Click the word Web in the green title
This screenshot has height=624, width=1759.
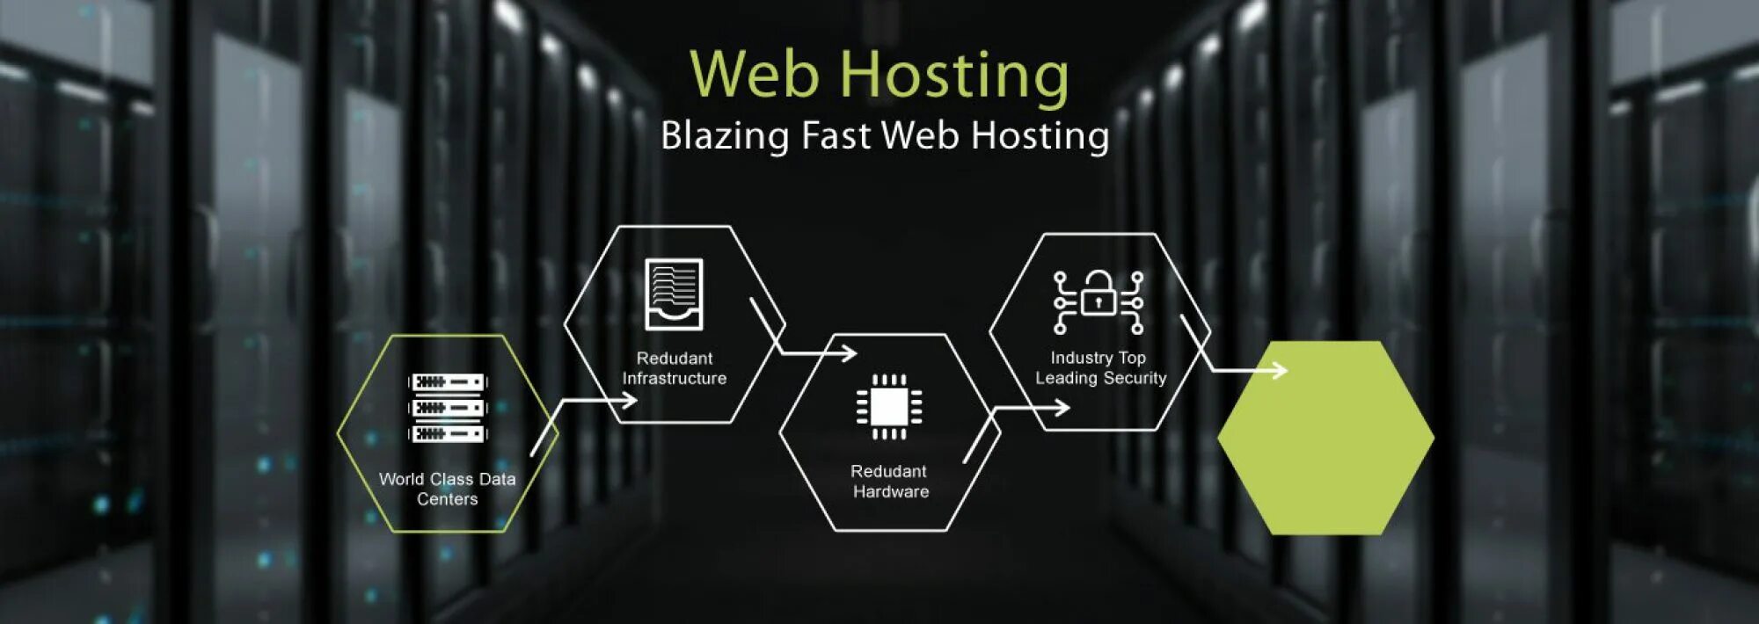point(755,74)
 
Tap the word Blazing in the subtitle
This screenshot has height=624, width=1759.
point(725,136)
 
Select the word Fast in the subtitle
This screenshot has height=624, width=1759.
point(836,135)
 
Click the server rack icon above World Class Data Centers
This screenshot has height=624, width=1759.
point(448,408)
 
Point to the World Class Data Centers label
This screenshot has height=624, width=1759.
point(448,489)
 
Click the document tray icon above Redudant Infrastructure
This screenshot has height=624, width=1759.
point(674,294)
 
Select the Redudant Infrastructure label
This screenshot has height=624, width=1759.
point(675,368)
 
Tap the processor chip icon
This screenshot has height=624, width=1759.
point(889,406)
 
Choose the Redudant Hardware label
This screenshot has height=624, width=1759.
point(890,482)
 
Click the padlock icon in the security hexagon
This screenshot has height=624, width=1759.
point(1098,294)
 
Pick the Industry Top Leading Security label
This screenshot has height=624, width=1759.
point(1100,368)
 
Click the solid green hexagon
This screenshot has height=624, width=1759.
point(1325,438)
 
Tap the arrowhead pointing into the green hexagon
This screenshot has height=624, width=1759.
point(1281,371)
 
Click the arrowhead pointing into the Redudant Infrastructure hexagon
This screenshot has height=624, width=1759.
point(630,401)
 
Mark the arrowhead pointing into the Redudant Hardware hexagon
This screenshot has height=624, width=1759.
point(850,353)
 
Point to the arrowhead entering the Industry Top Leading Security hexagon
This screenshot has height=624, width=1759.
point(1062,408)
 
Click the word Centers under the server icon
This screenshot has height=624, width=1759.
point(448,499)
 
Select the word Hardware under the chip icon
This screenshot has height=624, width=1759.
point(891,492)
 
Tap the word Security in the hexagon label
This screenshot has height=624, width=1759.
point(1135,378)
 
